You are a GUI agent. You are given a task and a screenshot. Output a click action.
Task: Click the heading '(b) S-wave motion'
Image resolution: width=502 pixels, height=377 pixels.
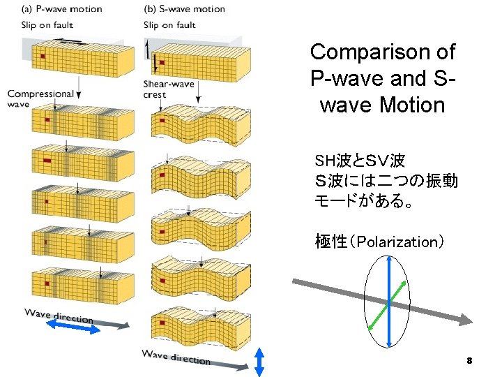tap(184, 9)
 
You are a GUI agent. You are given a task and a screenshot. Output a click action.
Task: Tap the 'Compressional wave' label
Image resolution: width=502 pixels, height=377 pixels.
tap(40, 98)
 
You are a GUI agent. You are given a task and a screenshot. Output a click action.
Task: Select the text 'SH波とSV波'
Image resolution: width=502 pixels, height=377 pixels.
tap(360, 161)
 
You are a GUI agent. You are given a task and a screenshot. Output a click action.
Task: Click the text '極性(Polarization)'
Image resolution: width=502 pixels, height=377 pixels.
tap(379, 242)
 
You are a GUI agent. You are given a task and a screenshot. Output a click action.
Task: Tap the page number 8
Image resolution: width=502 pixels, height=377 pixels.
tap(469, 361)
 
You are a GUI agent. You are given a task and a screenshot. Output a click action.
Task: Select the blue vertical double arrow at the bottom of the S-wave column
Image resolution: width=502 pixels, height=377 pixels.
tap(259, 362)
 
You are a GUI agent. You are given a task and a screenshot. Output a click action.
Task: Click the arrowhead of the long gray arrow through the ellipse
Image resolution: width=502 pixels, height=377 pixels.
tap(466, 319)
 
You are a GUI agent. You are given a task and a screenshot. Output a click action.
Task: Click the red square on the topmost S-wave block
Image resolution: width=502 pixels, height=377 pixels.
tap(162, 62)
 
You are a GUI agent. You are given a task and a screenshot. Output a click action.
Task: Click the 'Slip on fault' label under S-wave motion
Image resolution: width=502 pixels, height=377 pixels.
tap(169, 25)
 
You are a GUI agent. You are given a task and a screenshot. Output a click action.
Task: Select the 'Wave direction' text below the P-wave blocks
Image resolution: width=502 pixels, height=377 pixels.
tap(59, 315)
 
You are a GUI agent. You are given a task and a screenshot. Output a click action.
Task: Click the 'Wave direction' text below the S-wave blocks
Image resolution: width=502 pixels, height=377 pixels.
tap(176, 357)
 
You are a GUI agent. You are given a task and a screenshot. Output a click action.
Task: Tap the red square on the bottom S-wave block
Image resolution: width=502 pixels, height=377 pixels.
tap(162, 323)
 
